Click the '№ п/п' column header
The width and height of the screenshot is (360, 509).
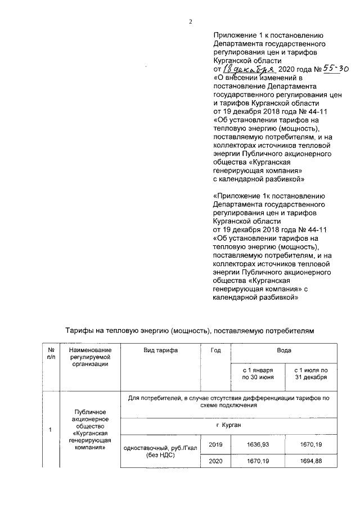click(x=50, y=353)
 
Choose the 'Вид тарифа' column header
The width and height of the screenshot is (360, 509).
click(x=161, y=350)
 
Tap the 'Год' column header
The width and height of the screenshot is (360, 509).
click(x=215, y=350)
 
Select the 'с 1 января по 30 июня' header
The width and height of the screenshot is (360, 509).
click(x=257, y=374)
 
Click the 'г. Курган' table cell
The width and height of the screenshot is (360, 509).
click(x=228, y=425)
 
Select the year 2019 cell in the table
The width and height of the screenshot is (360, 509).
click(x=215, y=444)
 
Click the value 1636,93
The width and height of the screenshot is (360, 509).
click(x=257, y=444)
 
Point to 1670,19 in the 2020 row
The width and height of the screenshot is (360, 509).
click(x=257, y=461)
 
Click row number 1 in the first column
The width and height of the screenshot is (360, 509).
click(x=50, y=431)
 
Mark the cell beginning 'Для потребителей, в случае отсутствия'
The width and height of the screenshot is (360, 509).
click(x=228, y=402)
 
